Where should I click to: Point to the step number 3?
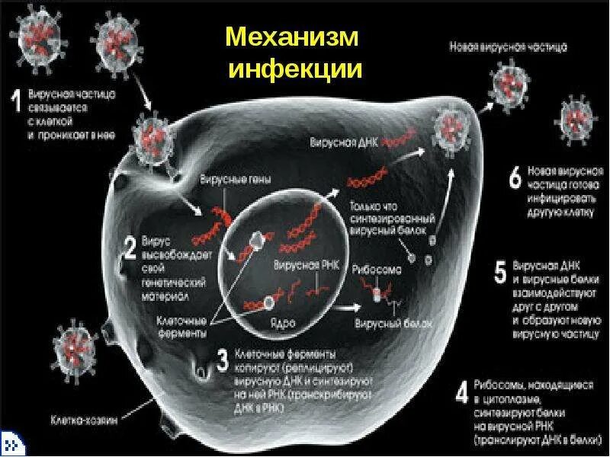point(222,361)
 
